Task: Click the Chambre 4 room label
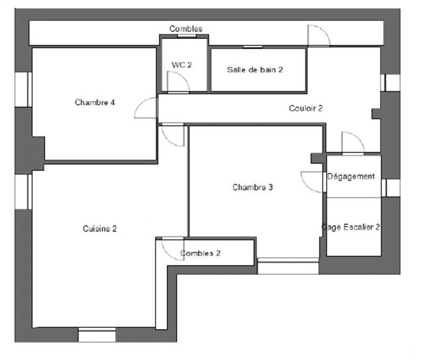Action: [x=95, y=102]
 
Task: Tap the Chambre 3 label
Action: [x=253, y=187]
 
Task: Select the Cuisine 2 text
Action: [x=100, y=228]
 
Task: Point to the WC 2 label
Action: [x=181, y=65]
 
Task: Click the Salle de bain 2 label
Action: [x=255, y=70]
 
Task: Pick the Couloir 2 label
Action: [x=306, y=108]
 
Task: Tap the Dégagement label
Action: [x=351, y=176]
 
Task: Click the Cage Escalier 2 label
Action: [x=351, y=227]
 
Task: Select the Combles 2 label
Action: [x=200, y=253]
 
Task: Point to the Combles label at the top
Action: [x=186, y=29]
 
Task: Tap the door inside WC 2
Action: [x=177, y=82]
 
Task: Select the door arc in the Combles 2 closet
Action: [x=172, y=248]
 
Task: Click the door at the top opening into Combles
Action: [x=318, y=35]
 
